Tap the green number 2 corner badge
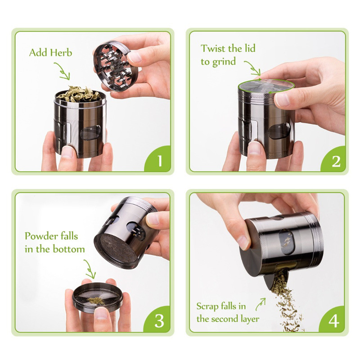pyautogui.click(x=335, y=160)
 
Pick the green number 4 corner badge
pyautogui.click(x=335, y=320)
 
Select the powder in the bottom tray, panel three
pyautogui.click(x=96, y=300)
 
